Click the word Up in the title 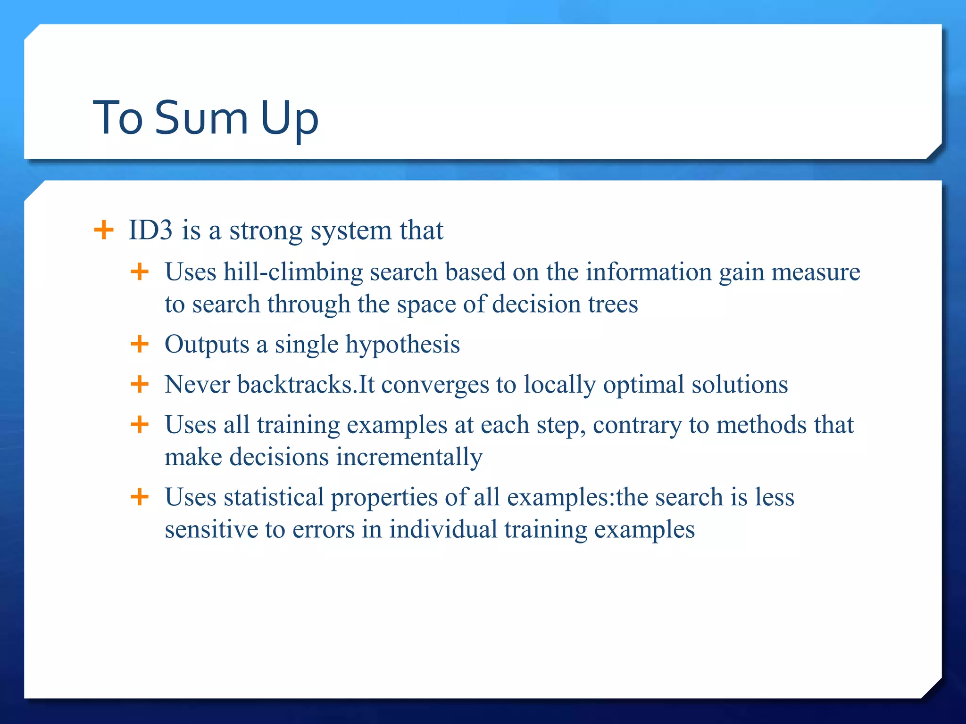289,119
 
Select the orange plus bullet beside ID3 104,230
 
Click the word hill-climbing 293,272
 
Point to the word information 649,272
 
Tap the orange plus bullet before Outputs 140,344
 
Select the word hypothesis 402,345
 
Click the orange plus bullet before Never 140,384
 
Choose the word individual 443,529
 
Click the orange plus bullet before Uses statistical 140,497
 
